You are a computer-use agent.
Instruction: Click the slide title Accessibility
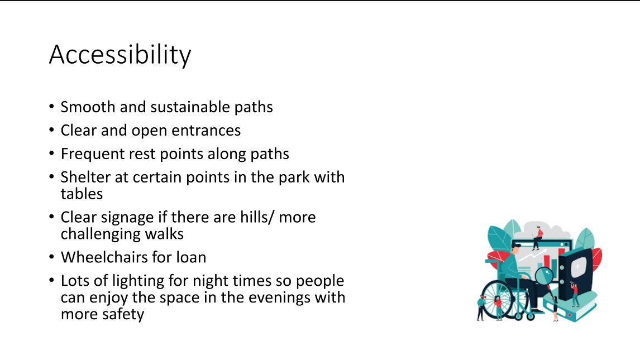pyautogui.click(x=120, y=55)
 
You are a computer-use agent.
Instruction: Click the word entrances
pyautogui.click(x=206, y=131)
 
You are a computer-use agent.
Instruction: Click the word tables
pyautogui.click(x=82, y=194)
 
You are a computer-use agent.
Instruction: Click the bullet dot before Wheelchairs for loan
pyautogui.click(x=51, y=257)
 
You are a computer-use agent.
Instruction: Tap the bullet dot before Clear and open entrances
pyautogui.click(x=51, y=131)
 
